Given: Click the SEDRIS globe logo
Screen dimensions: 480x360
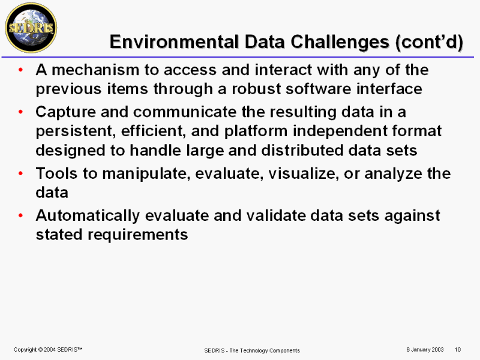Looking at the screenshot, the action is pos(31,28).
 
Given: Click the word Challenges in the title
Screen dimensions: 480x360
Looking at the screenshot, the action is pos(340,41).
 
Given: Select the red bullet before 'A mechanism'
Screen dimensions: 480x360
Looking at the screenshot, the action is pos(21,70).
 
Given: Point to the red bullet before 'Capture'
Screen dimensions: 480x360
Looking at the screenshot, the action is pos(21,112).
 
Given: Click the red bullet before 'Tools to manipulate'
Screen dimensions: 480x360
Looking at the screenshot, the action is pos(21,173).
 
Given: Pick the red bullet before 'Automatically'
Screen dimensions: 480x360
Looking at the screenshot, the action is pos(21,215).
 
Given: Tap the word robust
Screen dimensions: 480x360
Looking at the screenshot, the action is pos(256,89).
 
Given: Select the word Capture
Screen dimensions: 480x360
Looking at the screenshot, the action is pos(66,112).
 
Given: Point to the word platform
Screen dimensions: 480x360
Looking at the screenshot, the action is pos(256,131).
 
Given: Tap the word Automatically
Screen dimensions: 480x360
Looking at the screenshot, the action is pos(88,216).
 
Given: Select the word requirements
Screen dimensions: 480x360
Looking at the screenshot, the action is pos(138,235).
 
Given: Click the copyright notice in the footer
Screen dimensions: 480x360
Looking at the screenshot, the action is pos(48,350).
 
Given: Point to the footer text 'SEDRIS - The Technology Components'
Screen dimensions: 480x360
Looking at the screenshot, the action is pos(252,350).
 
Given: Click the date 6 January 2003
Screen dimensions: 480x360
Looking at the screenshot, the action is pos(425,350).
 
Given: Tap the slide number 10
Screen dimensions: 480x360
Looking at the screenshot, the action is pos(458,350).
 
